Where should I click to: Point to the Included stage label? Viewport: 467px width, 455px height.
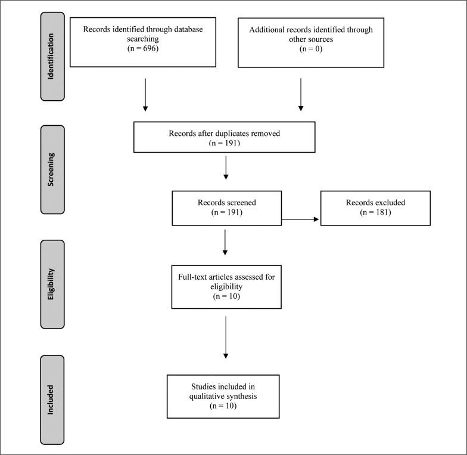[x=52, y=399]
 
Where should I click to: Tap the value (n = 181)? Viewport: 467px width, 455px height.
[x=375, y=212]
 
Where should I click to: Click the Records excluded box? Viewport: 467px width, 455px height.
[x=375, y=208]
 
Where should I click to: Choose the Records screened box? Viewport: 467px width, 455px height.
[x=226, y=208]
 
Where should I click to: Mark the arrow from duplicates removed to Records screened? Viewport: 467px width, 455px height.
[x=225, y=169]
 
